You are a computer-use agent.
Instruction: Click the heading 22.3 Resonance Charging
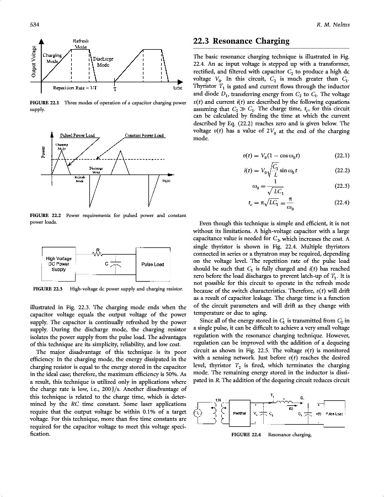pos(241,41)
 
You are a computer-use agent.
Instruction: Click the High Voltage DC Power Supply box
pos(58,264)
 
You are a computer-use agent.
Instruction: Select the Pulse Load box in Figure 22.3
pos(152,264)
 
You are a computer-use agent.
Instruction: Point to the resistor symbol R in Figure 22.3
pos(98,253)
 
